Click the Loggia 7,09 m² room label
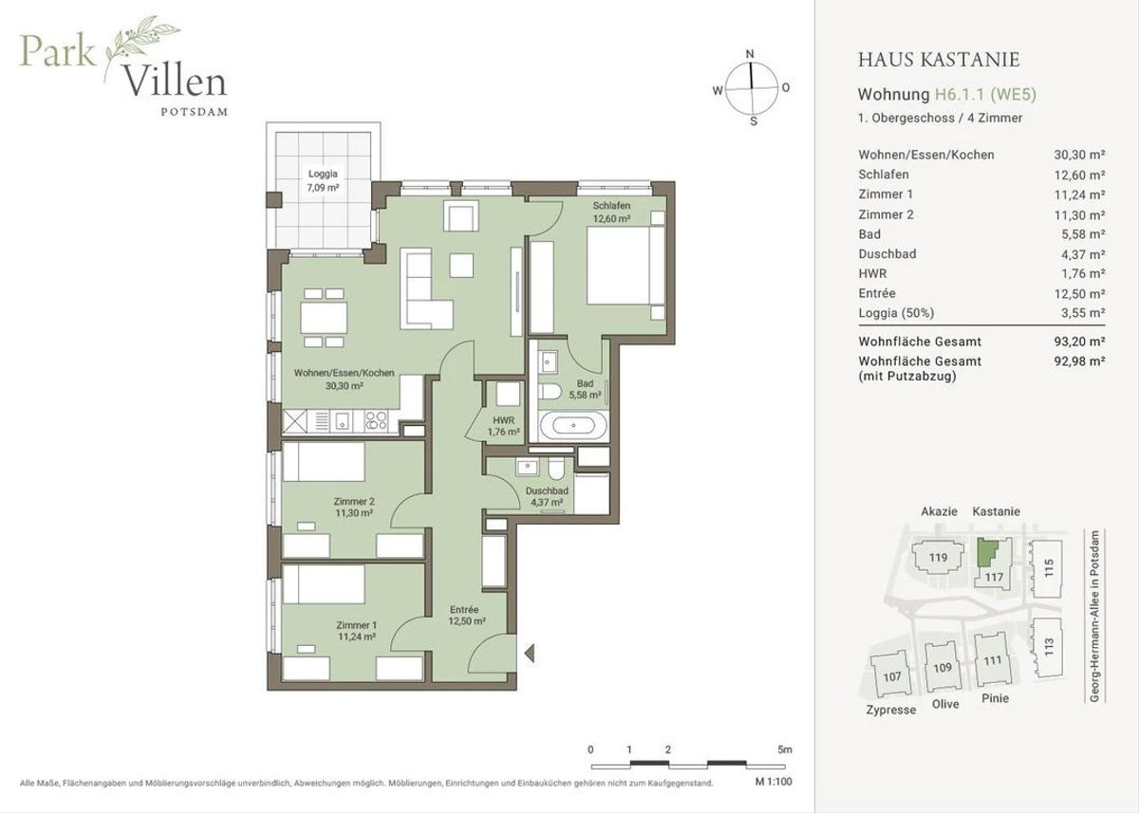tap(323, 180)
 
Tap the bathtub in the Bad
tap(573, 425)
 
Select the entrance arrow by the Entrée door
tap(529, 653)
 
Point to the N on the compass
tap(750, 54)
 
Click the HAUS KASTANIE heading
tap(939, 60)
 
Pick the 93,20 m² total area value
tap(1079, 342)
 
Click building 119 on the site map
tap(938, 558)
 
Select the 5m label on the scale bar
tap(785, 749)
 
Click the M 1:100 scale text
tap(774, 782)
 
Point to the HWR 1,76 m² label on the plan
tap(503, 426)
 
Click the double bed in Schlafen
tap(626, 266)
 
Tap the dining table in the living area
tap(324, 318)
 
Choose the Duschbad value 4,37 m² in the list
tap(1079, 254)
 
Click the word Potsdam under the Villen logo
tap(195, 112)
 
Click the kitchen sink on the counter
tap(343, 420)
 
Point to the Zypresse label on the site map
tap(891, 710)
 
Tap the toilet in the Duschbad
tap(556, 469)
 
